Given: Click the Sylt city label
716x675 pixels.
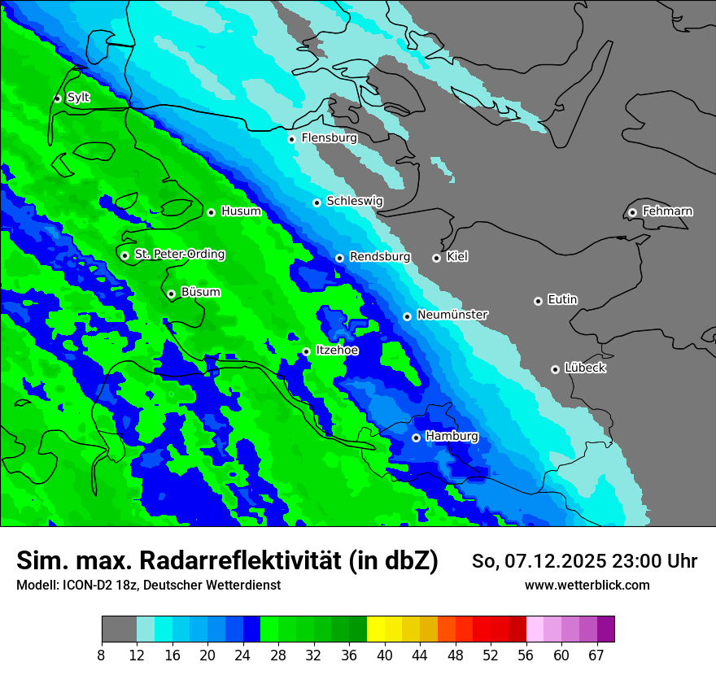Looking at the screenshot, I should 78,98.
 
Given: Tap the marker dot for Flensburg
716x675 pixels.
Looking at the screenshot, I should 291,139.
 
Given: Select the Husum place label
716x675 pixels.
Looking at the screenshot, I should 241,211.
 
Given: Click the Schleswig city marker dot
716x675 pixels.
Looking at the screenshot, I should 317,202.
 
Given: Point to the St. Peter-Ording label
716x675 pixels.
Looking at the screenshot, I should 179,255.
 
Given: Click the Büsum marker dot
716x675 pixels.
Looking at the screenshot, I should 171,294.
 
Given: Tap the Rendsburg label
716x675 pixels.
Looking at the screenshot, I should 379,257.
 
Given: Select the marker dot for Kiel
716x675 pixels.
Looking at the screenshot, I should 436,258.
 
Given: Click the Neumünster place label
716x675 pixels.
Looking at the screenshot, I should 452,315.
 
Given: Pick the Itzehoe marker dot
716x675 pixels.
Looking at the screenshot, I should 306,351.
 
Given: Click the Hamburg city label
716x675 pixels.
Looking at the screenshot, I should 452,437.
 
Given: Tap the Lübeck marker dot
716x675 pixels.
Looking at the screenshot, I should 555,369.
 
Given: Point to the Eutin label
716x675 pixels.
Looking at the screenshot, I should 562,300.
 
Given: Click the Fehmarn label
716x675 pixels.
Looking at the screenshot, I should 667,211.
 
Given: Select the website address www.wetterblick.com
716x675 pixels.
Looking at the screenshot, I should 587,586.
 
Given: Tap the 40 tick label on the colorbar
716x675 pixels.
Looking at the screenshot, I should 385,655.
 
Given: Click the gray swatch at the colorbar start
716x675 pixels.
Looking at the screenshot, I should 119,629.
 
